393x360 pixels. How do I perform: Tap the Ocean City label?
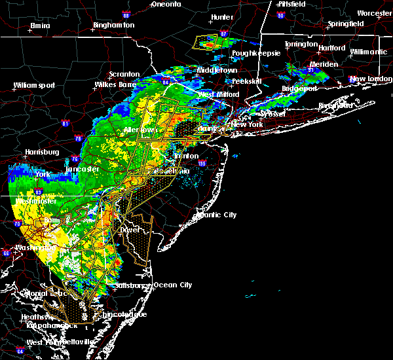click(173, 285)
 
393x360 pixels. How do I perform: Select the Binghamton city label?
click(113, 25)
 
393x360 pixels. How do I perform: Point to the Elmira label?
click(40, 26)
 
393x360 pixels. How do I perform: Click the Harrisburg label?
click(42, 152)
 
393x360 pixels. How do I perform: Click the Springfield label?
click(346, 24)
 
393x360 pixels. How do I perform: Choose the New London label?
click(366, 79)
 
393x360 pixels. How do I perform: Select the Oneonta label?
click(165, 4)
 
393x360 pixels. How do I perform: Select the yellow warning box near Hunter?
click(208, 43)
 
